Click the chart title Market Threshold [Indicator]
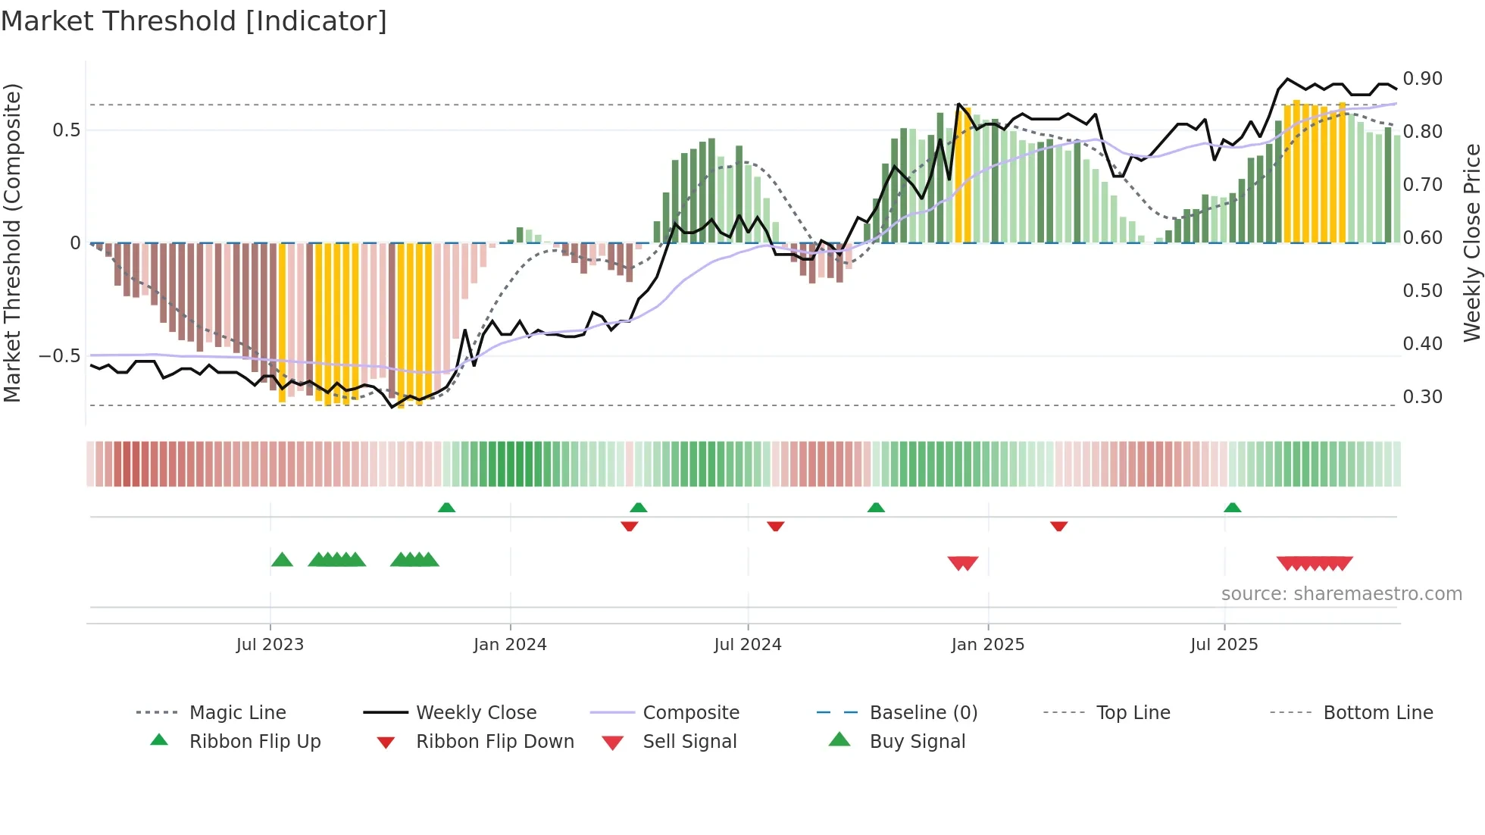(194, 21)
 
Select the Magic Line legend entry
(237, 713)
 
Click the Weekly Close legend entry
(476, 713)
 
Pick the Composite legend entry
(690, 713)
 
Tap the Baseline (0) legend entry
(923, 713)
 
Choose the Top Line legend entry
(1133, 713)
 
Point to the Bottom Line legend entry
(1377, 713)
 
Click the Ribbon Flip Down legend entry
(494, 742)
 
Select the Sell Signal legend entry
(689, 742)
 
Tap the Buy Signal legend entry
(917, 742)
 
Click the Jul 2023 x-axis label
(270, 645)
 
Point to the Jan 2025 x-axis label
(987, 645)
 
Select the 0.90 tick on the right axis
(1422, 79)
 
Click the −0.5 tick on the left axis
(59, 356)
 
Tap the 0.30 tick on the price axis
(1422, 397)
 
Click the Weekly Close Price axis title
(1471, 242)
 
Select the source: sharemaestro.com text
(1341, 594)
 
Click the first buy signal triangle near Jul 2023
(282, 560)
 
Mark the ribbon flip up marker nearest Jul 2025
(1232, 508)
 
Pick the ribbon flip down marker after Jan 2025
(1058, 526)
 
